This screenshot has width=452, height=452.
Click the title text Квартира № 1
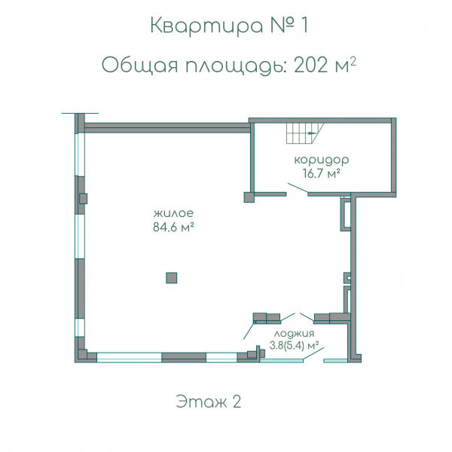[x=229, y=26]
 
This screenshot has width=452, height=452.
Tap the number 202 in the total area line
[x=311, y=65]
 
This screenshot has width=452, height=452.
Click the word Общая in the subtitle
[x=139, y=66]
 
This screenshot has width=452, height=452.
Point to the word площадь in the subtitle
[x=236, y=66]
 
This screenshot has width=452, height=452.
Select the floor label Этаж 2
[x=209, y=402]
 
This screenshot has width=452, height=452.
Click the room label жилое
[x=173, y=213]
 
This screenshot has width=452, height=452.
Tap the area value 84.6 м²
[x=173, y=228]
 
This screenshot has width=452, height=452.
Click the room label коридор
[x=322, y=160]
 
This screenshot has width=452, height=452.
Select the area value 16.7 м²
[x=322, y=173]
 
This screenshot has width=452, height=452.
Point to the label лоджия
[x=294, y=334]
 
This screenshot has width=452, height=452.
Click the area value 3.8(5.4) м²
[x=294, y=345]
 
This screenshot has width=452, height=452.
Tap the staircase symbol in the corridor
[x=305, y=133]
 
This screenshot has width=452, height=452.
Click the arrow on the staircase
[x=312, y=133]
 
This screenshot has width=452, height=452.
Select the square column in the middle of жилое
[x=171, y=278]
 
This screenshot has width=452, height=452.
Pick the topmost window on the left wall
[x=80, y=154]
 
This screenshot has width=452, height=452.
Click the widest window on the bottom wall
[x=129, y=357]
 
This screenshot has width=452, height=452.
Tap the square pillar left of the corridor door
[x=249, y=197]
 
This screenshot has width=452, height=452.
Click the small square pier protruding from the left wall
[x=84, y=198]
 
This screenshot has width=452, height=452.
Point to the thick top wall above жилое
[x=167, y=128]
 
